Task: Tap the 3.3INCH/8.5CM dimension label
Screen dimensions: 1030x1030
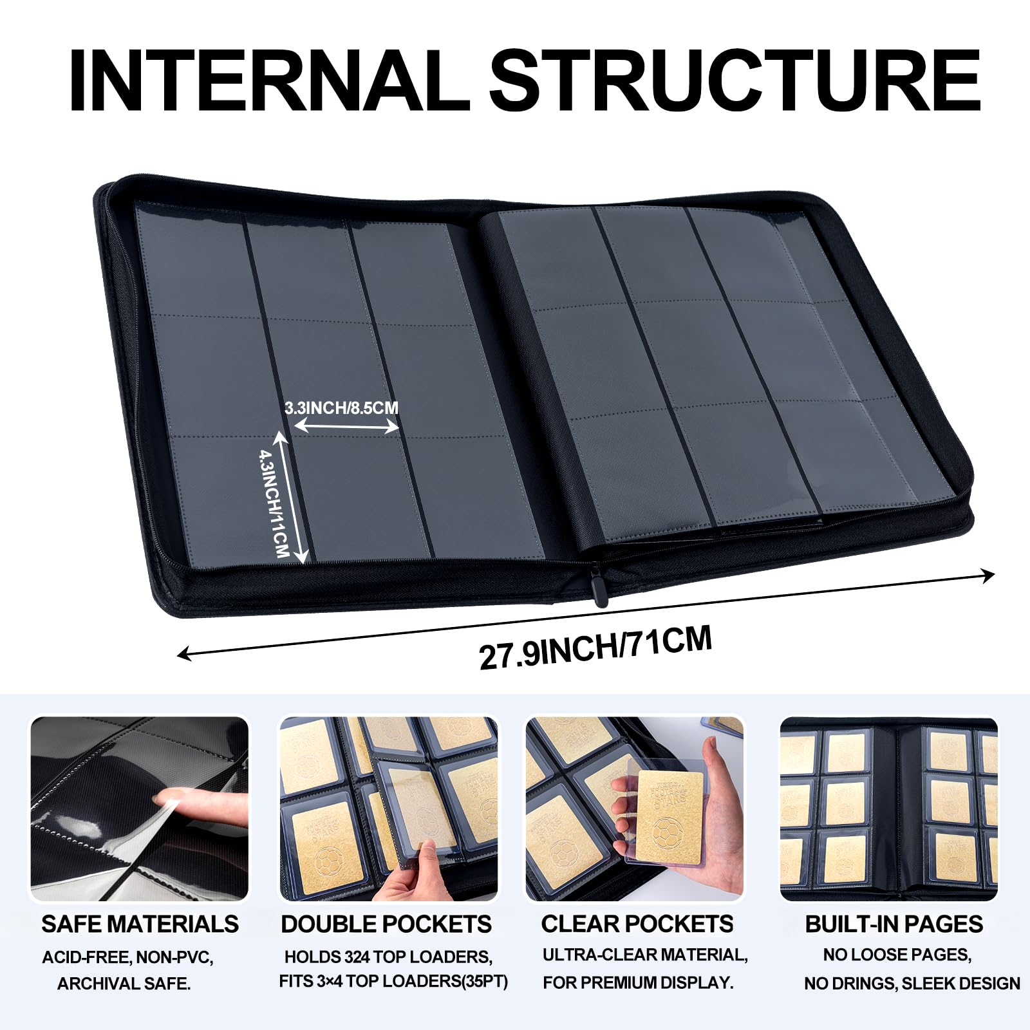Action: (x=342, y=407)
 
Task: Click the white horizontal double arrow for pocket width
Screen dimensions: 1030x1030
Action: (x=348, y=426)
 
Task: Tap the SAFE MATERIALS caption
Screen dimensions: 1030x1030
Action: (x=140, y=924)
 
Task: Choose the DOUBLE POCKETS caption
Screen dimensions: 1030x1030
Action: (x=386, y=924)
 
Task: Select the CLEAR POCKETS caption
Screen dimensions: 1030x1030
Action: (x=637, y=924)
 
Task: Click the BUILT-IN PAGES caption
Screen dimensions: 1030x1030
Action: (x=894, y=924)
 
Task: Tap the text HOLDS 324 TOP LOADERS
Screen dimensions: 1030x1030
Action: (x=388, y=957)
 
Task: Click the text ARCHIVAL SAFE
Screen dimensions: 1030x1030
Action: (x=124, y=984)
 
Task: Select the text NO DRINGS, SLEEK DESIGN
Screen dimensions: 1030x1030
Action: (x=912, y=984)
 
